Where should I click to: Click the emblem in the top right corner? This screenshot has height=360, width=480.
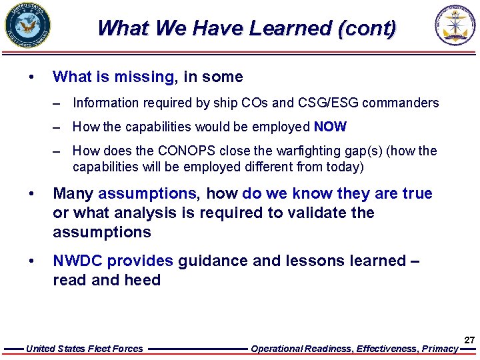456,26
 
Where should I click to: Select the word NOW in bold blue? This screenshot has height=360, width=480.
330,127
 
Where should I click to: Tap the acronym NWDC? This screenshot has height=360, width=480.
78,261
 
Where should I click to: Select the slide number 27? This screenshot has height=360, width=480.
469,340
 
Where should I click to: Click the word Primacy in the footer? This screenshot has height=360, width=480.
441,349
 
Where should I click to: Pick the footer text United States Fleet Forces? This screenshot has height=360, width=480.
84,349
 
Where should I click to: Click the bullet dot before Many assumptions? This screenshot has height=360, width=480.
31,194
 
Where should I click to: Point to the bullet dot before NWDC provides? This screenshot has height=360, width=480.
31,261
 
